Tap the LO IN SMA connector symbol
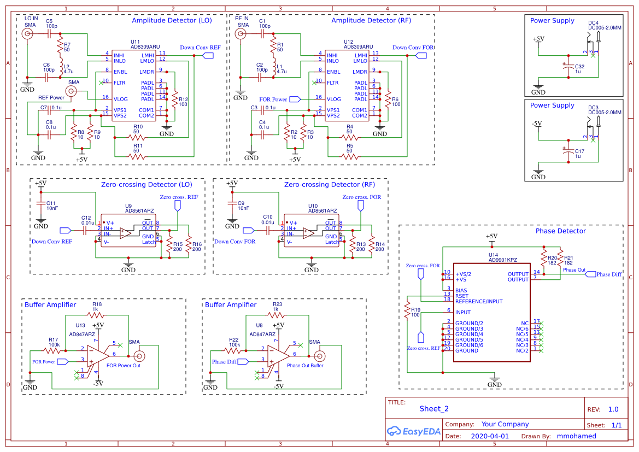click(x=27, y=34)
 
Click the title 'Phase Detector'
click(x=560, y=231)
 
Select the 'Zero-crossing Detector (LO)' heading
click(x=146, y=185)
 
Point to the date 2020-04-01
click(x=489, y=436)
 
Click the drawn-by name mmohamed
click(x=576, y=436)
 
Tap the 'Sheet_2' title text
click(x=433, y=408)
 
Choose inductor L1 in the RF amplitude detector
click(x=274, y=68)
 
